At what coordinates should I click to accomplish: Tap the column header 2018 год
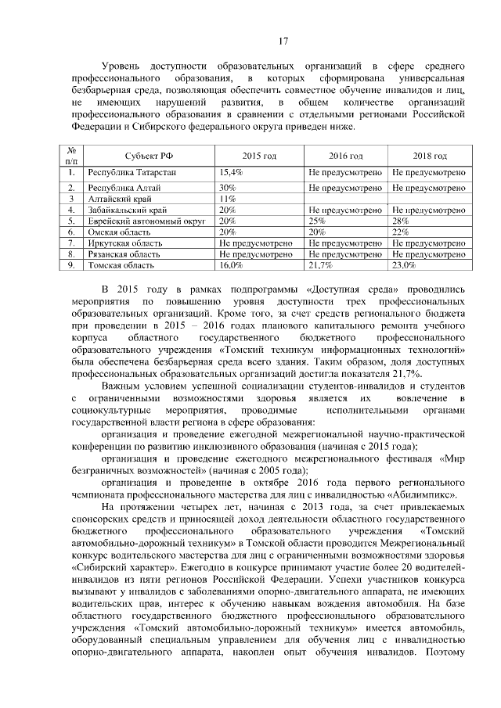429,156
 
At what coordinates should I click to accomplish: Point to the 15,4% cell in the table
231,171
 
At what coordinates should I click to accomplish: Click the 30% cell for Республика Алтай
228,188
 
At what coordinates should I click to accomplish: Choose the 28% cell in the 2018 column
400,221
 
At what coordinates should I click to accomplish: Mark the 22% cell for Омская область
400,232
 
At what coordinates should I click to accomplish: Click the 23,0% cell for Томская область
404,266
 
